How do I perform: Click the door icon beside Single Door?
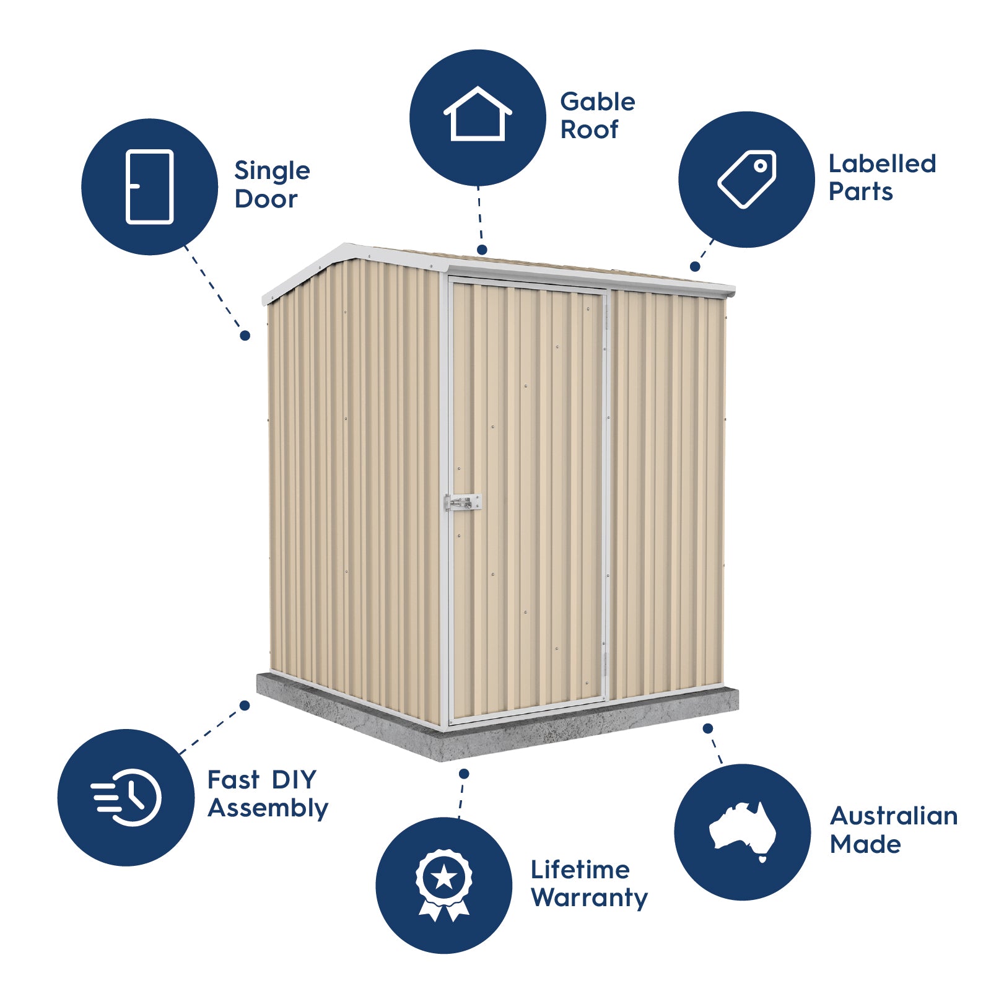tap(149, 186)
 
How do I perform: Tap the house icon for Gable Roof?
tap(478, 115)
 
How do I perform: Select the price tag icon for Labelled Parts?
tap(747, 179)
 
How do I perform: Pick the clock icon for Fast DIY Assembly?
tap(127, 797)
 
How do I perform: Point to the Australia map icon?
tap(742, 831)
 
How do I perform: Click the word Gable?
tap(597, 102)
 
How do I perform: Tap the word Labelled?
tap(882, 164)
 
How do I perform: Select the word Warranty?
tap(589, 898)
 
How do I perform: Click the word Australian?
tap(894, 816)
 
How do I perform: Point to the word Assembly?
tap(268, 809)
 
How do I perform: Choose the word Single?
tap(272, 172)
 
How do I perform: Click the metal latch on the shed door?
tap(463, 502)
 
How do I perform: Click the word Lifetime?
tap(580, 870)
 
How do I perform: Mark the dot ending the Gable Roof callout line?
tap(482, 250)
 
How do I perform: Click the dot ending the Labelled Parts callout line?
tap(695, 266)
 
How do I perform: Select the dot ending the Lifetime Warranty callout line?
tap(464, 774)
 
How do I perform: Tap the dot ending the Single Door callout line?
tap(245, 335)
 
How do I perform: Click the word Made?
tap(865, 845)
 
